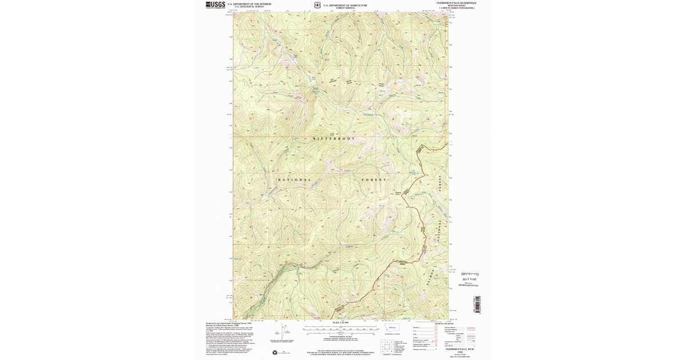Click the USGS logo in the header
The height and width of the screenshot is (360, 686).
(215, 5)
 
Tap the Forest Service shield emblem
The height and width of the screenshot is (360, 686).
(317, 5)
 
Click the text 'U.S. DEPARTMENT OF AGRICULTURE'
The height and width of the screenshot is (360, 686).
(345, 5)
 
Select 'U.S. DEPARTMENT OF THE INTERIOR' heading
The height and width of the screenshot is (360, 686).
(249, 4)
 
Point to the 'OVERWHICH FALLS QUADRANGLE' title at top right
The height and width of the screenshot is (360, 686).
(456, 3)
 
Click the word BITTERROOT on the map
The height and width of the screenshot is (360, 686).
(334, 139)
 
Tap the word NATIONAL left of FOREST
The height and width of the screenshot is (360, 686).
(295, 180)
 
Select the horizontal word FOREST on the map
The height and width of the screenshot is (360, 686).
(374, 180)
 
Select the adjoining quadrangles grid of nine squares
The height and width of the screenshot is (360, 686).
(386, 346)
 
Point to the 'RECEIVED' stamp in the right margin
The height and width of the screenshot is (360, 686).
(468, 274)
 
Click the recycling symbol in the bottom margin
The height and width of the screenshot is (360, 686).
(275, 353)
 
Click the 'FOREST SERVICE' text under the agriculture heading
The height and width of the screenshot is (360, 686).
(345, 8)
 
